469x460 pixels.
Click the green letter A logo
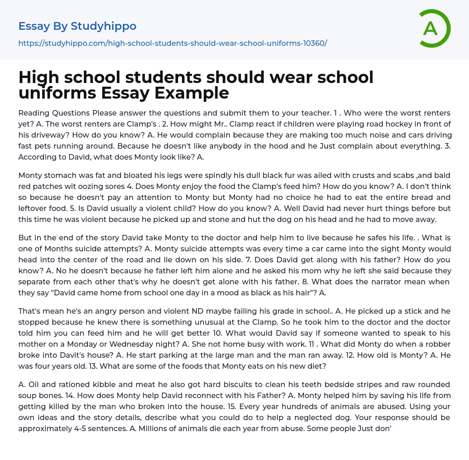pos(434,28)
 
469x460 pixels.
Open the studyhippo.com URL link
pos(172,44)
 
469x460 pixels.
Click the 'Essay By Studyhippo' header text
pos(77,27)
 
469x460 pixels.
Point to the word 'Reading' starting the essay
pos(33,113)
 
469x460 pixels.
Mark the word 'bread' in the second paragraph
pos(408,197)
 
